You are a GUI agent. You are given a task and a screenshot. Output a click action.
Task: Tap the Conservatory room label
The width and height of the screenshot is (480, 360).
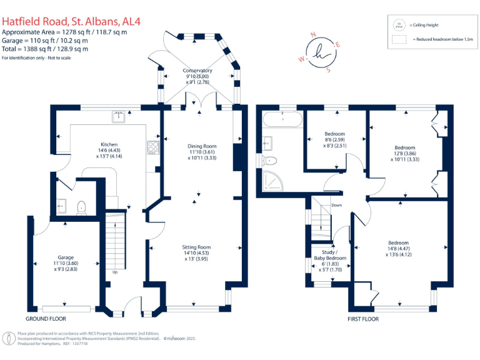click(197, 74)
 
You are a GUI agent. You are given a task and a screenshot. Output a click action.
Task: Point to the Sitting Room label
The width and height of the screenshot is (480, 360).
click(196, 251)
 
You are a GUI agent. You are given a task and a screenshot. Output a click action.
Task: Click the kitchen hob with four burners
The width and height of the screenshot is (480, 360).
click(152, 147)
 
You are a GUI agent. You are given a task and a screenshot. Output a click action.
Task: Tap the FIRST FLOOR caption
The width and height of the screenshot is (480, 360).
click(363, 319)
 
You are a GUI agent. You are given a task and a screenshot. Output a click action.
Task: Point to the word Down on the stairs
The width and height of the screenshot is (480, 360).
click(336, 205)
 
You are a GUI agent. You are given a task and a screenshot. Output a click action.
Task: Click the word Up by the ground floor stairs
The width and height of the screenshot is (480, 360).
click(114, 272)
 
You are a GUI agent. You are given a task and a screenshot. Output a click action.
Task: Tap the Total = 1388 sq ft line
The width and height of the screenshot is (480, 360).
click(45, 49)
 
